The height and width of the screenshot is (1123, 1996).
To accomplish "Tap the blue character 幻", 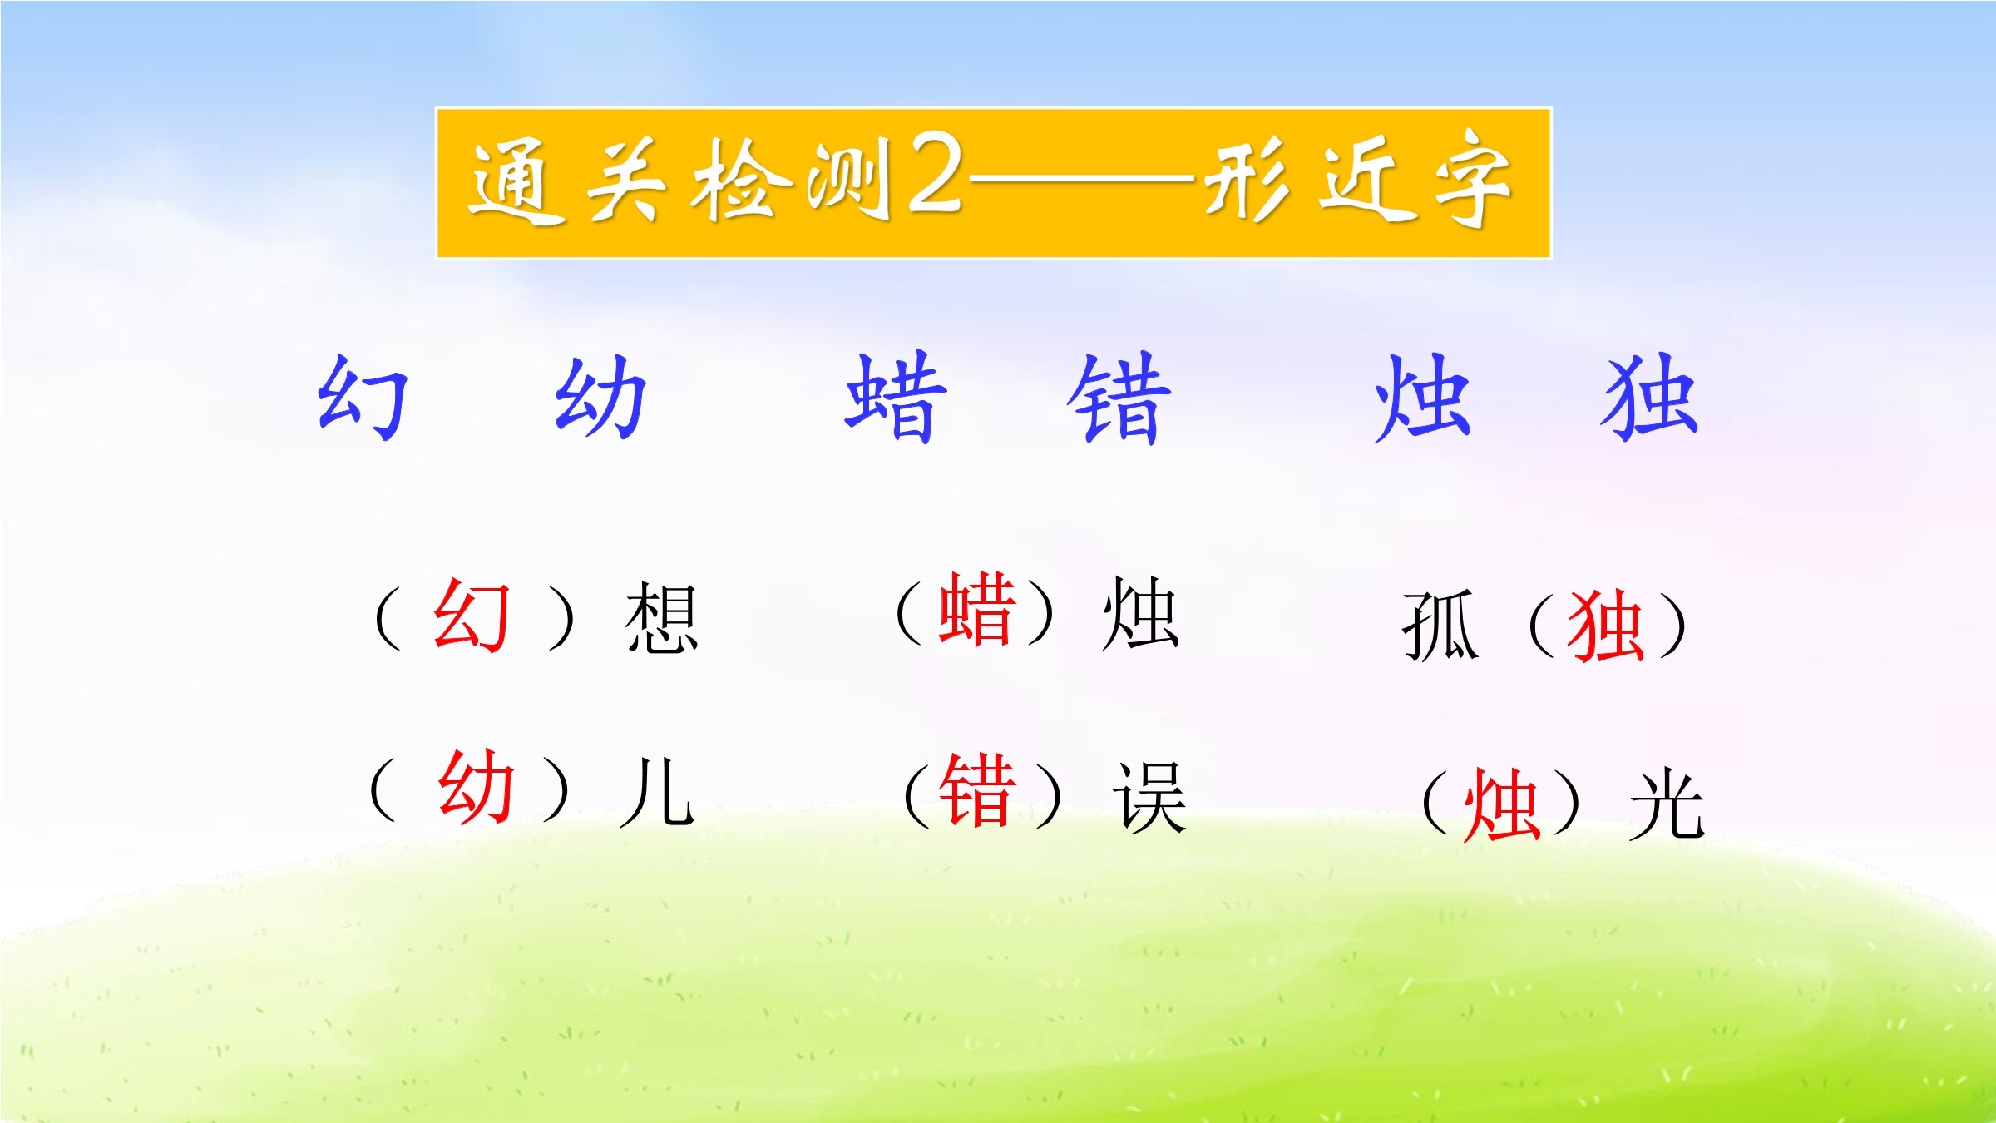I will (x=363, y=397).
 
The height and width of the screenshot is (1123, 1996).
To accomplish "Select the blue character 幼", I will (x=600, y=397).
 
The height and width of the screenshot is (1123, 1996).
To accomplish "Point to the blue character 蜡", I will (x=896, y=397).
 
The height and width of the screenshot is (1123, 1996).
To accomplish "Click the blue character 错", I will (x=1119, y=398).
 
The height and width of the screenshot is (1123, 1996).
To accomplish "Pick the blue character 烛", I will (x=1423, y=398).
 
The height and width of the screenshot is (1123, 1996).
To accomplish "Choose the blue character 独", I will (x=1649, y=397).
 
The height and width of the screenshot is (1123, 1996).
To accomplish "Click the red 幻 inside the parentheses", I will (x=471, y=616).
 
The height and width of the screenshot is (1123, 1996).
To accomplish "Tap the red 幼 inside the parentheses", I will (x=476, y=786).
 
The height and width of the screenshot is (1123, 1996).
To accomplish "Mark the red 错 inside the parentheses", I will (x=978, y=790).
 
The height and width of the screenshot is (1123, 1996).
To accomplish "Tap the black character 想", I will (x=662, y=617).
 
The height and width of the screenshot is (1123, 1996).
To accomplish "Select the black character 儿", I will (x=657, y=791).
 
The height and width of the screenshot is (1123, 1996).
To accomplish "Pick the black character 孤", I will (x=1440, y=626).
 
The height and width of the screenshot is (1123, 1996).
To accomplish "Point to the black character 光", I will (x=1667, y=804).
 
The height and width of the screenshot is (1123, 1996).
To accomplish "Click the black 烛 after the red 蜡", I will (x=1140, y=614).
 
